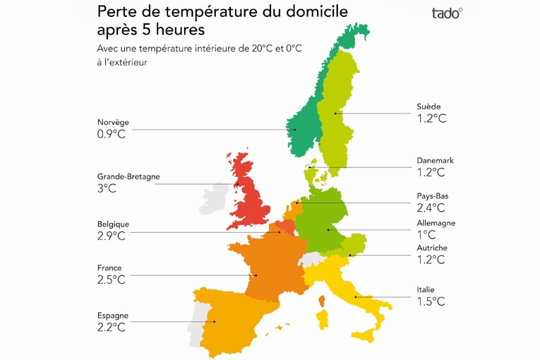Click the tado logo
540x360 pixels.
(x=447, y=13)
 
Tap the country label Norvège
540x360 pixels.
(x=113, y=122)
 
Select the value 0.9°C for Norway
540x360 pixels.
(x=112, y=134)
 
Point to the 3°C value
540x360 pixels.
(x=107, y=189)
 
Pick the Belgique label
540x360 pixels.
(x=113, y=224)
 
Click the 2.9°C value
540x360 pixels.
(x=112, y=236)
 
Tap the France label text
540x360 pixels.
(x=109, y=268)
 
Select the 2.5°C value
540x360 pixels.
(x=112, y=280)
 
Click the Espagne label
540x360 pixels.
(x=113, y=316)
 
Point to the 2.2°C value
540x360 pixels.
(x=112, y=328)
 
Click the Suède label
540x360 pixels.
(x=428, y=107)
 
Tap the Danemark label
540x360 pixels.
(x=435, y=161)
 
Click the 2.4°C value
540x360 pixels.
(x=431, y=208)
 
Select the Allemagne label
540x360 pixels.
(x=436, y=223)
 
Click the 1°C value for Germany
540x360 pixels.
(x=426, y=234)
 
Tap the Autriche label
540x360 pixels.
(x=432, y=248)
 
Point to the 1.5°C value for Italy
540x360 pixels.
(x=431, y=301)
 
